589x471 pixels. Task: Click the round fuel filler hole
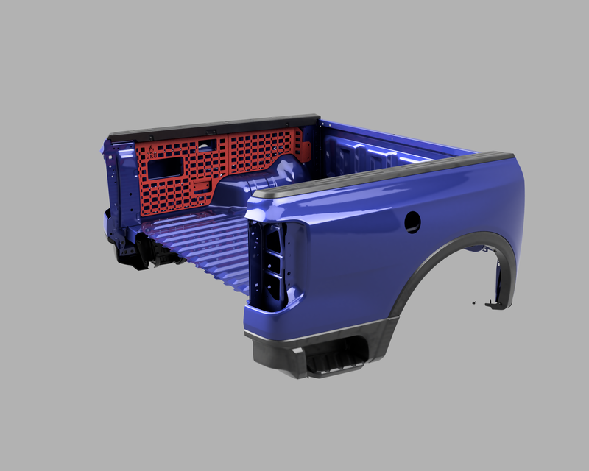[x=412, y=222]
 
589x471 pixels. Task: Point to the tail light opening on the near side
[x=270, y=265]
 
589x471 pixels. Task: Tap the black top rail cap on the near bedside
[x=383, y=174]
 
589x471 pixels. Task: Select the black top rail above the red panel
[x=214, y=126]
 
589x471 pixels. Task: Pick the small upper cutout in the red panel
[x=207, y=144]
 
